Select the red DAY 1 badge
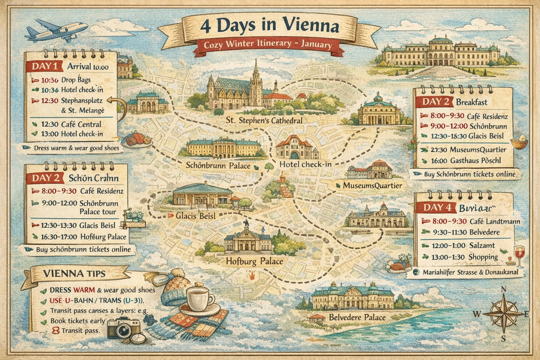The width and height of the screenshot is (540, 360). (x=44, y=66)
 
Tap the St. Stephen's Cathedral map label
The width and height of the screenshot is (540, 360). (x=264, y=121)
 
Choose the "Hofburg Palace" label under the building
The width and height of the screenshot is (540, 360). (x=254, y=261)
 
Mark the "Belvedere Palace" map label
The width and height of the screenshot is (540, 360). (x=357, y=317)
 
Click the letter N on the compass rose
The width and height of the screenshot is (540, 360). (x=503, y=289)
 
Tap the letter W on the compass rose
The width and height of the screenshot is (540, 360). (x=477, y=314)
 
